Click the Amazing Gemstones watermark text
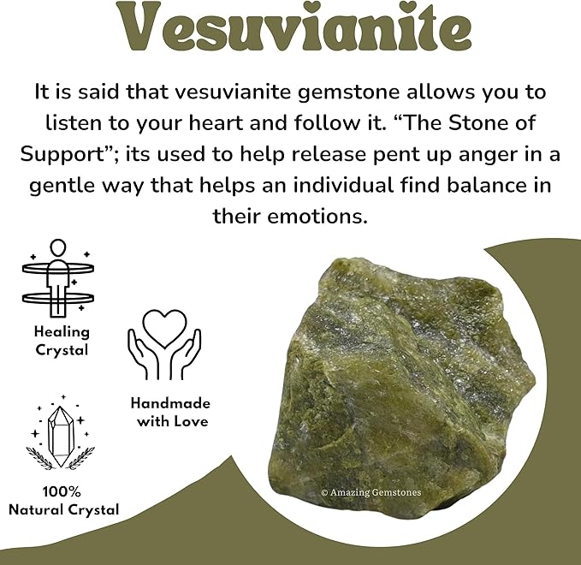[x=371, y=492]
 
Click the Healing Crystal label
[x=62, y=341]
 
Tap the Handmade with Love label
[x=169, y=412]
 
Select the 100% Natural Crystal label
[x=63, y=501]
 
